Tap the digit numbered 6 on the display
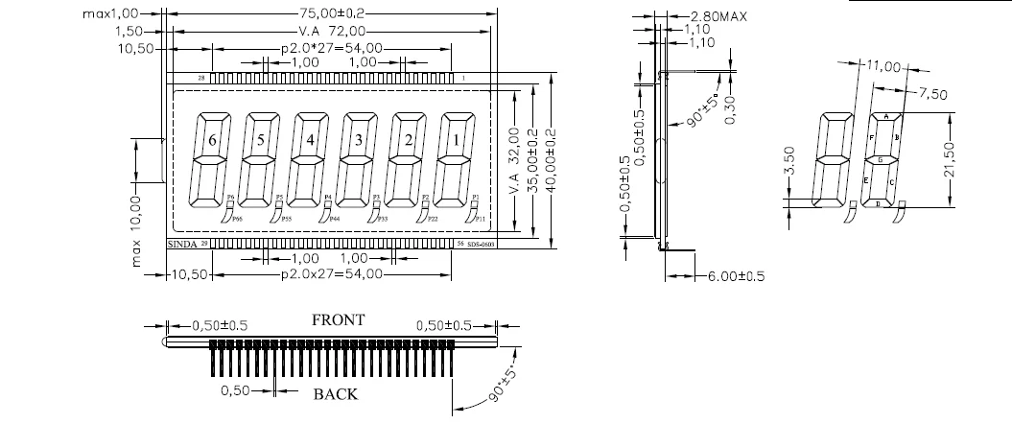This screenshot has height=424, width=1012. [213, 140]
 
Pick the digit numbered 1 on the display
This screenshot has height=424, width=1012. [457, 140]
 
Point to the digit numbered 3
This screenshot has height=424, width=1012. [359, 140]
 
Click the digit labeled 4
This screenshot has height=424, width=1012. [310, 140]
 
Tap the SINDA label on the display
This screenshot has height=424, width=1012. [183, 246]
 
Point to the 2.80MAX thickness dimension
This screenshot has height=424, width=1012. [718, 16]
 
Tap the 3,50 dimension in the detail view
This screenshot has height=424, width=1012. [789, 158]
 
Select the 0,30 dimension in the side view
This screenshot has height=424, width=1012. [731, 114]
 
